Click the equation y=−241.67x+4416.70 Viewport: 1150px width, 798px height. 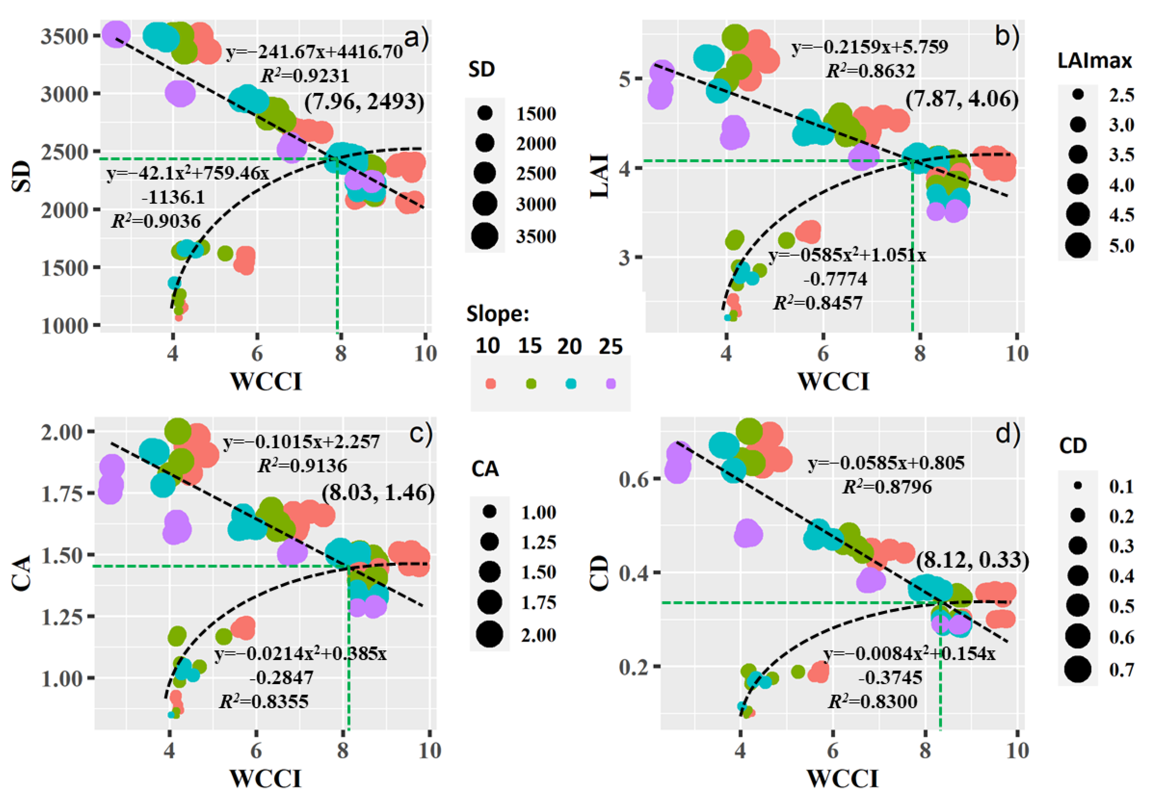(x=314, y=52)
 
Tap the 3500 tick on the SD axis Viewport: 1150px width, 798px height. (x=64, y=36)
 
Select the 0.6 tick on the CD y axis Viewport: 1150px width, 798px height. (x=633, y=479)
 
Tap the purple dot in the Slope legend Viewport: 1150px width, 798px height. (x=610, y=384)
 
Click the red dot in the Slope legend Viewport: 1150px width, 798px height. (x=491, y=384)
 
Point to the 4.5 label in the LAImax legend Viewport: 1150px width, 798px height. (x=1121, y=215)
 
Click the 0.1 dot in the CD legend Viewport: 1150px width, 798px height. (x=1077, y=485)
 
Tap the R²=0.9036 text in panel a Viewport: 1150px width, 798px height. (x=156, y=221)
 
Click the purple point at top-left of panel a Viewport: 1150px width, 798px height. (x=116, y=34)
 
